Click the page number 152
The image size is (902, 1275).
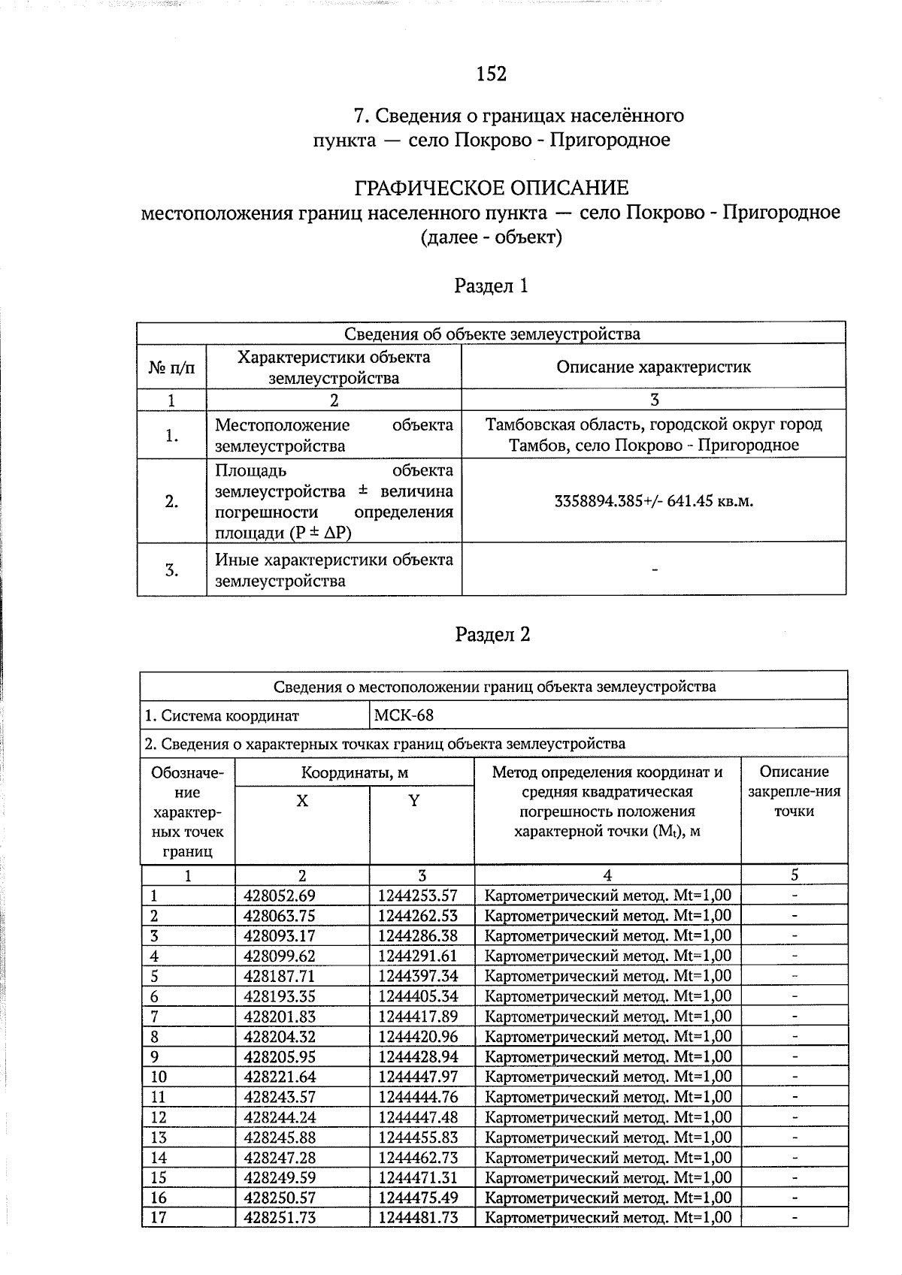(492, 74)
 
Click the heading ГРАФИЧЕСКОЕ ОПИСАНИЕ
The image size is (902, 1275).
(491, 188)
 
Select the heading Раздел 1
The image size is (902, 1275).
(492, 286)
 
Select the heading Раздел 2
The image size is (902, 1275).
(492, 635)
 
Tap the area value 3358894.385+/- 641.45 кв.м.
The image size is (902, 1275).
(653, 501)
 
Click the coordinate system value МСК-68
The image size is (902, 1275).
(404, 715)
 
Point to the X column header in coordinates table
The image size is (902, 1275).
(301, 801)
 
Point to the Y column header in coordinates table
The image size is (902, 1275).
(413, 801)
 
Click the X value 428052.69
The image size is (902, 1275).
(280, 896)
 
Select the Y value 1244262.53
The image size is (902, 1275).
(418, 916)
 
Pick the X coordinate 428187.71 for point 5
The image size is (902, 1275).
(280, 976)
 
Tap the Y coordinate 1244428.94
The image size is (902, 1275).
(418, 1056)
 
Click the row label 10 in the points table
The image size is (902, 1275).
(159, 1077)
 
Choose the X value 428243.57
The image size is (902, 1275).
(280, 1097)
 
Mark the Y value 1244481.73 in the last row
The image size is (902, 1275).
(418, 1217)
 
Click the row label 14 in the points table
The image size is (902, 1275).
(159, 1157)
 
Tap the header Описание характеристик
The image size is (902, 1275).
(653, 367)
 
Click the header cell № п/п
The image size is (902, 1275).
(171, 367)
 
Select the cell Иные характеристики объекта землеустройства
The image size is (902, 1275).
(334, 570)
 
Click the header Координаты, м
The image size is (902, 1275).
(354, 772)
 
